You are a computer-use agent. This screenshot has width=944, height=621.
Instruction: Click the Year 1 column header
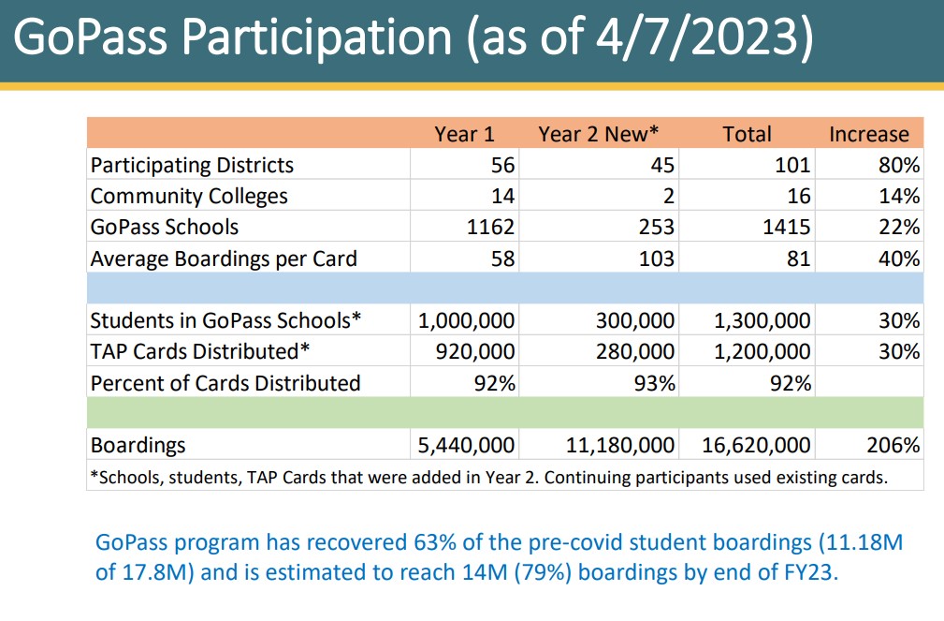(464, 134)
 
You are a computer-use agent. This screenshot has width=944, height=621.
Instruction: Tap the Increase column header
(868, 134)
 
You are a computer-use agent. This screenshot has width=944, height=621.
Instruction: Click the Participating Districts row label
(192, 166)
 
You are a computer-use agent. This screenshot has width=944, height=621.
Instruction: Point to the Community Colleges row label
(189, 197)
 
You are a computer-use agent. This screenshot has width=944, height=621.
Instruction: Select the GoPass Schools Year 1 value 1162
(491, 228)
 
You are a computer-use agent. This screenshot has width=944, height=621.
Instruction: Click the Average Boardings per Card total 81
(797, 259)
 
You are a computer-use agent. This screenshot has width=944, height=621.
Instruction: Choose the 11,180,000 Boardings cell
(620, 446)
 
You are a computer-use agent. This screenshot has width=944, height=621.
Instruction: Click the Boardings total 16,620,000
(756, 446)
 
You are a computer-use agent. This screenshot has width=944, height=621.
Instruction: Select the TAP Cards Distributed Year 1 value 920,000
(473, 352)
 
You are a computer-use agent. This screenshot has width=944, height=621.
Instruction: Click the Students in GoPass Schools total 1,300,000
(762, 321)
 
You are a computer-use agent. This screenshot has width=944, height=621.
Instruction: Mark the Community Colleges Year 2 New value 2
(668, 197)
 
